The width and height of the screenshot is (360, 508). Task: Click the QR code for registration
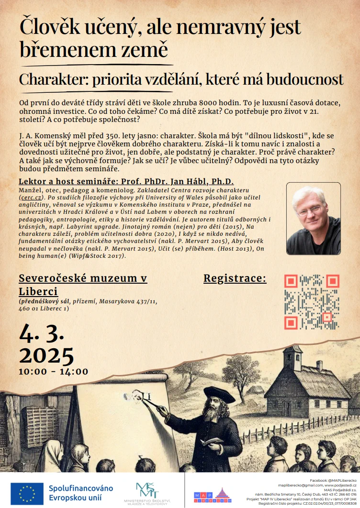click(311, 302)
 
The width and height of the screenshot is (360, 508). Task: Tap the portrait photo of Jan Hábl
click(313, 219)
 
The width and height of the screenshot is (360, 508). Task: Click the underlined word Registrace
click(235, 279)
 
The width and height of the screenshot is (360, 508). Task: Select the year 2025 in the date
click(46, 355)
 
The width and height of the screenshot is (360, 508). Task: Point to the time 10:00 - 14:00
click(53, 372)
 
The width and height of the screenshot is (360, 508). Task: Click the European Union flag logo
click(27, 493)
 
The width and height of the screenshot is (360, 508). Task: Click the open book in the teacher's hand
click(211, 441)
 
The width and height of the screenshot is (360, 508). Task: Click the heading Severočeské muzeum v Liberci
click(83, 285)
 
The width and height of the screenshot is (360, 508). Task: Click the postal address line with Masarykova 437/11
click(88, 302)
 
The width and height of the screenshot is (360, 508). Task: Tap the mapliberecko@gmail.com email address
click(297, 485)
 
